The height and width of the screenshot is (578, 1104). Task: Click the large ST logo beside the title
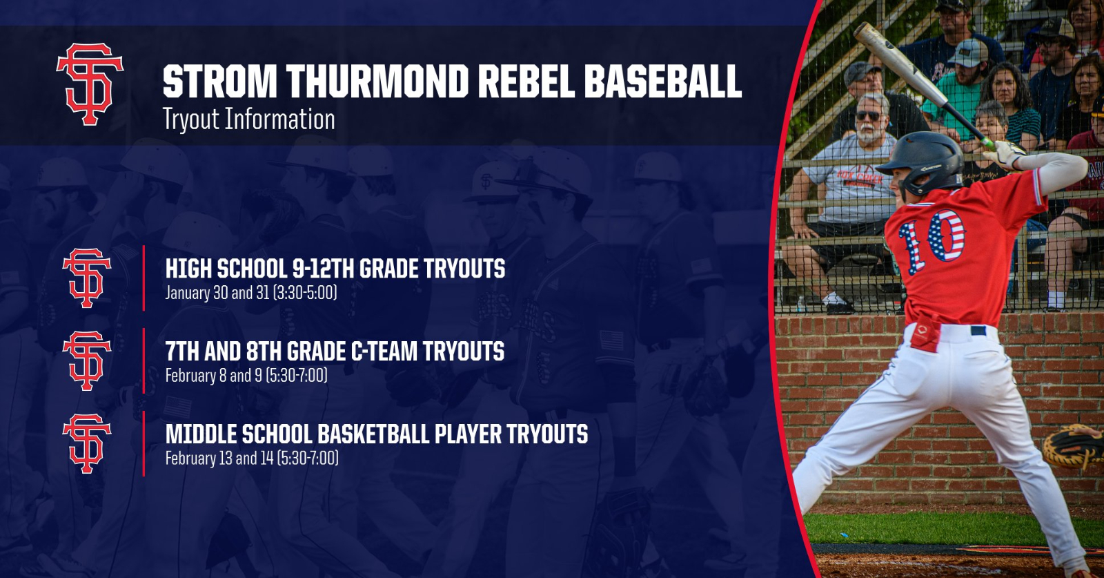click(x=90, y=84)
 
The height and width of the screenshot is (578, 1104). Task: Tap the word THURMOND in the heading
click(x=379, y=81)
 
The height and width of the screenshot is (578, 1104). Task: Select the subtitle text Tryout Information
click(x=248, y=119)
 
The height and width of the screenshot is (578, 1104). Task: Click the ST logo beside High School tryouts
click(x=87, y=278)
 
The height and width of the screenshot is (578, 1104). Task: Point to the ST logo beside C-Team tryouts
click(x=87, y=360)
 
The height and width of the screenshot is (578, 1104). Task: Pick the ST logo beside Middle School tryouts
click(x=87, y=443)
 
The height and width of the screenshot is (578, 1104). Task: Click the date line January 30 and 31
click(x=250, y=293)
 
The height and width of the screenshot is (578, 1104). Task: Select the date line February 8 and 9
click(x=246, y=376)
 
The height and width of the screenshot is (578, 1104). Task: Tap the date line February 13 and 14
click(x=251, y=459)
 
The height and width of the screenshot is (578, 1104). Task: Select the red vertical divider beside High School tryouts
click(x=144, y=278)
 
